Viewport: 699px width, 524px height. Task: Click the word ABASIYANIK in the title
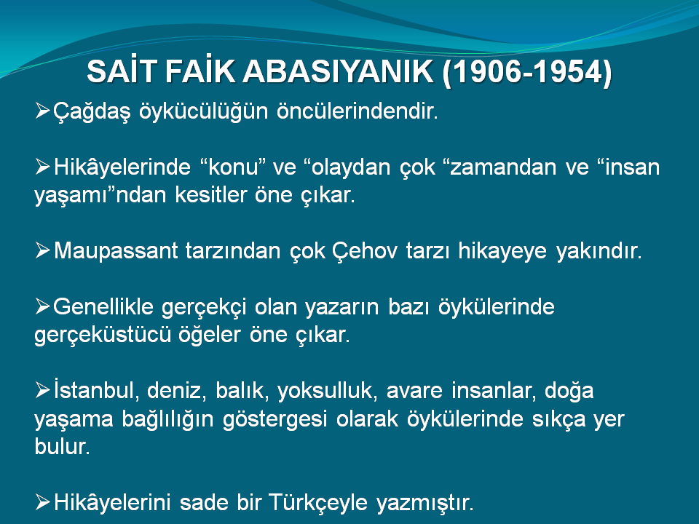point(338,72)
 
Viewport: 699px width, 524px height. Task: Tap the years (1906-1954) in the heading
point(527,72)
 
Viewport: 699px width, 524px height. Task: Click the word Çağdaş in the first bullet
point(92,111)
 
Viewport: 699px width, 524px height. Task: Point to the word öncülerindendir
point(358,111)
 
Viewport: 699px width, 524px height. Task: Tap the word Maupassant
point(116,251)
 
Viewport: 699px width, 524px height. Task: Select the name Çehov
point(365,251)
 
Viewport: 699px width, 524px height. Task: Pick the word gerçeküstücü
point(103,335)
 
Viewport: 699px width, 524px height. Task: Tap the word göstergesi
point(275,419)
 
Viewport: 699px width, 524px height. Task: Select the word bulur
point(63,446)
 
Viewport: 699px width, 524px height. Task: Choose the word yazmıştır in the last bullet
point(424,503)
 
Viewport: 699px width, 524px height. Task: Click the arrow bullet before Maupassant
point(42,250)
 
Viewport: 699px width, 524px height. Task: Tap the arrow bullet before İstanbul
point(42,390)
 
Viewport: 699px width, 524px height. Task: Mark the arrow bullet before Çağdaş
point(42,111)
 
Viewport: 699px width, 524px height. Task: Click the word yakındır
point(599,251)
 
